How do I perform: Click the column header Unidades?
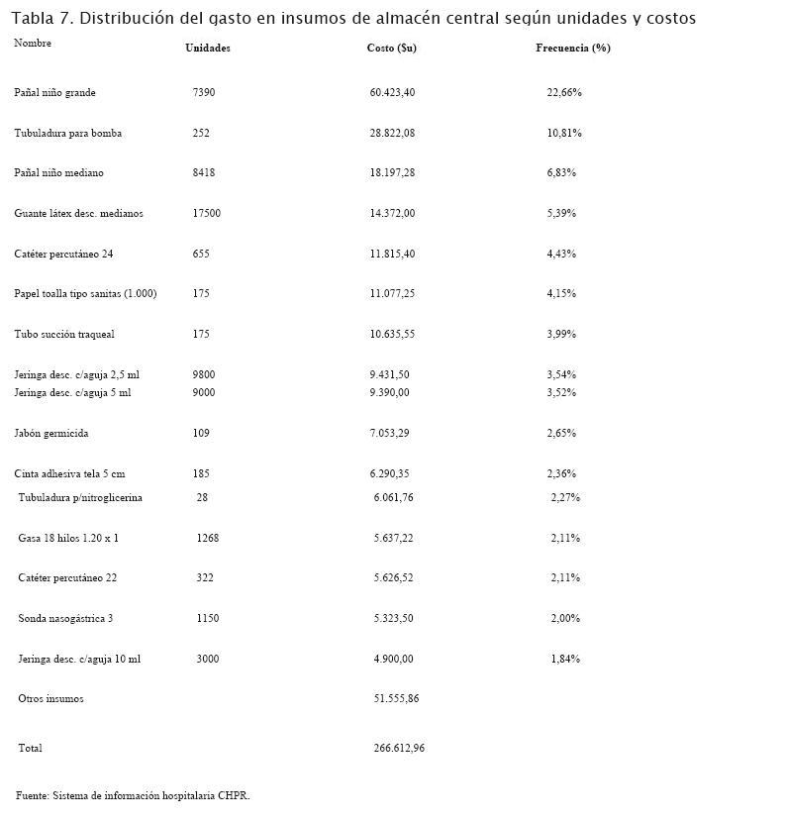coord(208,49)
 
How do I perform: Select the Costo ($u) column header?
coord(391,49)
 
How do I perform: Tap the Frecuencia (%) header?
coord(572,49)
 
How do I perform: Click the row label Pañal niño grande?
coord(54,93)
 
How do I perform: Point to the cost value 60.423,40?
coord(392,93)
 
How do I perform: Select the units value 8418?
coord(203,173)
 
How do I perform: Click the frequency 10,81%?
coord(564,133)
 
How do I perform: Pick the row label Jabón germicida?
coord(51,434)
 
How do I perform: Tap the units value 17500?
coord(206,214)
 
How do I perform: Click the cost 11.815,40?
coord(392,255)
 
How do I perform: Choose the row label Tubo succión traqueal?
coord(64,335)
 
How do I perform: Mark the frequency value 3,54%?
coord(561,375)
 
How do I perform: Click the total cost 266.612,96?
coord(399,749)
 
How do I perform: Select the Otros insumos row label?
coord(50,699)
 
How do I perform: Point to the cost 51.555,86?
coord(396,699)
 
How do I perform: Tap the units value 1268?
coord(207,539)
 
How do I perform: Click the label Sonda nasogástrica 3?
coord(65,619)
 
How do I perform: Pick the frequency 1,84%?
coord(565,660)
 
